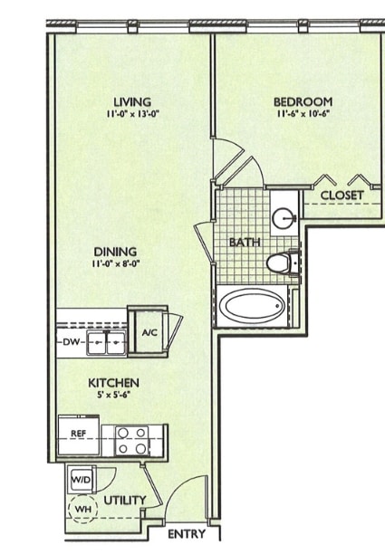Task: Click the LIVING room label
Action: (x=132, y=101)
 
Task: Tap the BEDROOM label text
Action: (x=303, y=101)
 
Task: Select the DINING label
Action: (x=114, y=251)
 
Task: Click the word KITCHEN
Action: (x=113, y=383)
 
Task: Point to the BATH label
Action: (x=245, y=242)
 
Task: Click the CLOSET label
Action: (x=342, y=196)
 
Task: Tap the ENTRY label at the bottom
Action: (x=187, y=534)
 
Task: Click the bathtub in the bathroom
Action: (x=253, y=308)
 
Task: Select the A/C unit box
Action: (x=149, y=332)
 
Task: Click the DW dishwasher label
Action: (x=72, y=342)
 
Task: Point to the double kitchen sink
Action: (x=107, y=342)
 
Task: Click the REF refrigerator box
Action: (x=79, y=434)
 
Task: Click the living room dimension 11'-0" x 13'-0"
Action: (x=132, y=114)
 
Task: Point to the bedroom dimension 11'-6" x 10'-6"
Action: (x=303, y=114)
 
